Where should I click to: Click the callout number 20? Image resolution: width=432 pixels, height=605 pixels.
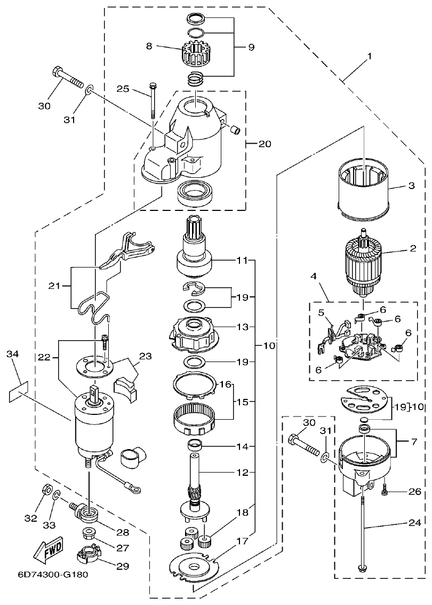pyautogui.click(x=265, y=144)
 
